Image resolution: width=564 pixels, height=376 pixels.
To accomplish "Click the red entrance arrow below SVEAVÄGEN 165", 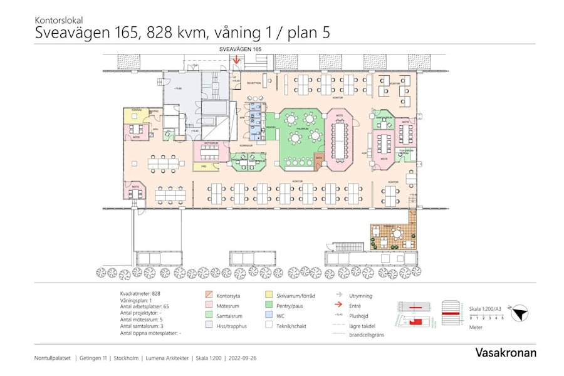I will click(236, 61).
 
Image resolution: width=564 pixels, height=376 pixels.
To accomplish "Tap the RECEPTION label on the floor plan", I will click(253, 83).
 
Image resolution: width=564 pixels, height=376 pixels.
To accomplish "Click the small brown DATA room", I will click(319, 158).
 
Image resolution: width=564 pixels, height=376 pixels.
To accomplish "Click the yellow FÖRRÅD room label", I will click(137, 111).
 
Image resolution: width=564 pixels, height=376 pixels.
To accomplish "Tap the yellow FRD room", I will click(204, 167).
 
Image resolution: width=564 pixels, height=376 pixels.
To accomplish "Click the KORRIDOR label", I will click(245, 145).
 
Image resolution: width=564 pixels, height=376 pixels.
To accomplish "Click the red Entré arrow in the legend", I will click(337, 305).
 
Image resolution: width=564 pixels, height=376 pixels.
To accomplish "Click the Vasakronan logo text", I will click(505, 353).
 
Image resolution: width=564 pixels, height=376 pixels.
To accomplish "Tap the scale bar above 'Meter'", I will click(486, 315).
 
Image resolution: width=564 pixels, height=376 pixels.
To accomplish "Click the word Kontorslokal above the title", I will click(60, 20).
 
